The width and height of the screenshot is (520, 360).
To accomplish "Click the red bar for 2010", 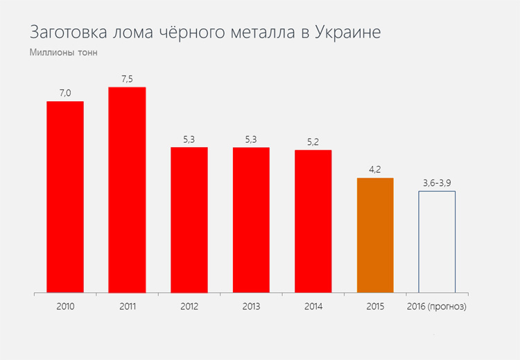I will point(65,197).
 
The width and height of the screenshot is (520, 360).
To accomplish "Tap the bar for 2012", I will point(189,220).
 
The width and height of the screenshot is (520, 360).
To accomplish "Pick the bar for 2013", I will point(251,220).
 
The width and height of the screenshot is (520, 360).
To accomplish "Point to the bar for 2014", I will point(313,221).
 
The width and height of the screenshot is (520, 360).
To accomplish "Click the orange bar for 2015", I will point(375,235).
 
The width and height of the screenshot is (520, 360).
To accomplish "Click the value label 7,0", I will point(65,93).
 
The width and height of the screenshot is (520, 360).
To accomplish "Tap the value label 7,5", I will point(127,79).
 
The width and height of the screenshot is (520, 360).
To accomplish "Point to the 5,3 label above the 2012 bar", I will point(189,139).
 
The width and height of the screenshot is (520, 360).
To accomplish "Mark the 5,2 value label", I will point(313,142).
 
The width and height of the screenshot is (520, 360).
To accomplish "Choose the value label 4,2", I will point(375,170).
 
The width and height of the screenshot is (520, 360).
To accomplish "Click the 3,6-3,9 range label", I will point(437,182).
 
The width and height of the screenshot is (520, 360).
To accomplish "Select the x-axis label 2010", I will point(65,306).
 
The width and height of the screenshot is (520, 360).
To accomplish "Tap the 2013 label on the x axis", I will point(251,306).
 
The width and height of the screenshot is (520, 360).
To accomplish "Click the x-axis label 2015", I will point(375,306).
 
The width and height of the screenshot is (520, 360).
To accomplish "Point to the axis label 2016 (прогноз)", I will point(437,306).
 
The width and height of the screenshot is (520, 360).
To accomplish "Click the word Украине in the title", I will point(347,33).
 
